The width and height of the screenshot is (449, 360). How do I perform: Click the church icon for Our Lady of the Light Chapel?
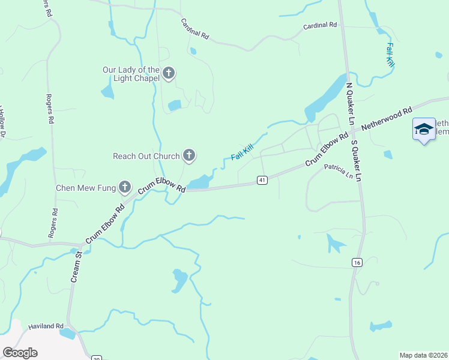169,74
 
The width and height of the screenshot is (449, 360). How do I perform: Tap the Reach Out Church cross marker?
189,156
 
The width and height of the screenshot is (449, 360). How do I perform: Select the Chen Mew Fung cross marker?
125,188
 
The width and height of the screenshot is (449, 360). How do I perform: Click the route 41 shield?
262,180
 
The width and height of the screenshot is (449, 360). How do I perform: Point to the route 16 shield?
357,262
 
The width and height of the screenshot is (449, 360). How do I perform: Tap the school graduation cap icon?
424,129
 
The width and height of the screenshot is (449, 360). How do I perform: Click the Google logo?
20,352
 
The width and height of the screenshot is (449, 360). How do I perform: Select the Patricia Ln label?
339,171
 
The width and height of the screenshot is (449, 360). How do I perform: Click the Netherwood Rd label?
391,119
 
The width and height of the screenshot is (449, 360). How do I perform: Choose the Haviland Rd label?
46,327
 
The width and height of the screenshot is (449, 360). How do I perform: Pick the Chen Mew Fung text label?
85,188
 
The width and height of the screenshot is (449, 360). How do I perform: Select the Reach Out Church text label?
146,156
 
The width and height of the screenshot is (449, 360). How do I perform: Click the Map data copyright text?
423,355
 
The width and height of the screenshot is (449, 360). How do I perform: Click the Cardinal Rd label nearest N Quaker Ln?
320,25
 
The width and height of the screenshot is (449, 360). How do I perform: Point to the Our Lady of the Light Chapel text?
131,74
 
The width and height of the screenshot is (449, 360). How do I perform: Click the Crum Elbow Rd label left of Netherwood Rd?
327,149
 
